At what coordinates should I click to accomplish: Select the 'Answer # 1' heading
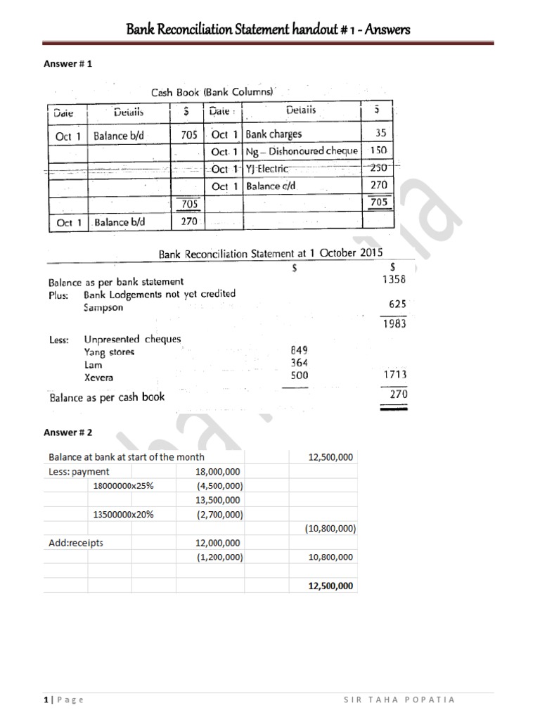[69, 63]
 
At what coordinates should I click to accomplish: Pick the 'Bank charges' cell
[274, 134]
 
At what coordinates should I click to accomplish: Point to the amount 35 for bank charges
[380, 133]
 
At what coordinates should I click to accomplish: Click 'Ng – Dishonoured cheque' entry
[301, 151]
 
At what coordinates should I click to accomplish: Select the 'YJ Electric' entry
[267, 169]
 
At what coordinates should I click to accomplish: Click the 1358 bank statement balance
[394, 279]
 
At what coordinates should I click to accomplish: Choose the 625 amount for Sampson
[397, 304]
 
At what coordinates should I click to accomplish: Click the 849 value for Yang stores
[298, 349]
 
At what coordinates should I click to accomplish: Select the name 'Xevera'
[98, 378]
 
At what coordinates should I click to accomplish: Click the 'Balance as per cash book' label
[106, 397]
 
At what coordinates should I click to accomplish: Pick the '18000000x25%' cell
[123, 486]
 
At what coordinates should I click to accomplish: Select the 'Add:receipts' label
[76, 543]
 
